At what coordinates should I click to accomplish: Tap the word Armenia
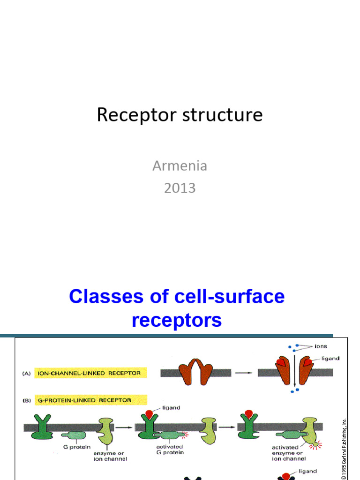point(180,166)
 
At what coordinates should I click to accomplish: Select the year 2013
point(180,188)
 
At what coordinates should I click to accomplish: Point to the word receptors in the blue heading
point(177,321)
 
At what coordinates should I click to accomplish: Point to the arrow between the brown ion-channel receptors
point(243,373)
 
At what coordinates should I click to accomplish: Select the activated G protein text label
point(169,450)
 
